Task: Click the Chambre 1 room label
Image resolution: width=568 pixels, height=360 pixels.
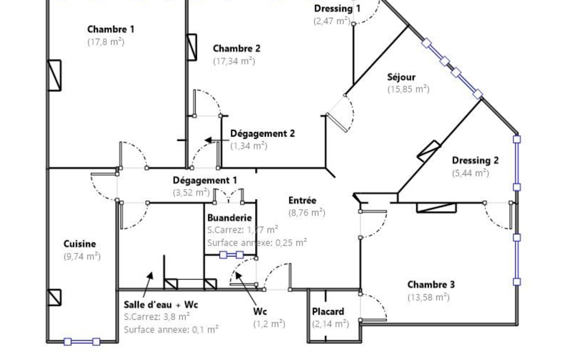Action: pyautogui.click(x=111, y=29)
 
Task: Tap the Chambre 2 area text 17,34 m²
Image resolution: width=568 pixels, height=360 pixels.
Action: pyautogui.click(x=234, y=61)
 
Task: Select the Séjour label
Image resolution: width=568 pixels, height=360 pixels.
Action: pyautogui.click(x=401, y=77)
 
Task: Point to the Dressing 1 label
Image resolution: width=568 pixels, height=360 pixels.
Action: pyautogui.click(x=337, y=8)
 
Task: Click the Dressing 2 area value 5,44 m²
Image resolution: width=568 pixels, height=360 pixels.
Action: pyautogui.click(x=470, y=173)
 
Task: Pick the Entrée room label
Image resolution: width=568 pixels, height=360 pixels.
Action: pyautogui.click(x=303, y=200)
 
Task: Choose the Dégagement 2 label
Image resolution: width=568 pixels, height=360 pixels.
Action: pyautogui.click(x=263, y=133)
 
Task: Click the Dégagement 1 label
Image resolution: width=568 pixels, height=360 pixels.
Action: pyautogui.click(x=205, y=180)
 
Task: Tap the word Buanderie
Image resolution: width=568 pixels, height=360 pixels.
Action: pyautogui.click(x=229, y=218)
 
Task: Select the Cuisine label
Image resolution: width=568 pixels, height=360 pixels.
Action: pyautogui.click(x=80, y=244)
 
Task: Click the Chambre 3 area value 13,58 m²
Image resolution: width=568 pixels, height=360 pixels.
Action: pyautogui.click(x=428, y=297)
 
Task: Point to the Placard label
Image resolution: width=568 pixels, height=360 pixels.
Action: pyautogui.click(x=328, y=311)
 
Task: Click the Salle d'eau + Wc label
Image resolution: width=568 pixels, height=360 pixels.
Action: pyautogui.click(x=161, y=304)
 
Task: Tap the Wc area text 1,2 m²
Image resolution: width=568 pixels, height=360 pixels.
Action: pyautogui.click(x=269, y=324)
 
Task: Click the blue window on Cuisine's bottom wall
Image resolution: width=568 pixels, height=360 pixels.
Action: pyautogui.click(x=82, y=342)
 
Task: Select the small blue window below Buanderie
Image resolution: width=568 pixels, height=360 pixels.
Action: pyautogui.click(x=232, y=255)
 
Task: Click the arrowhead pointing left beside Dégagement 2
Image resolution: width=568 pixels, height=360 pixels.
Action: pyautogui.click(x=208, y=140)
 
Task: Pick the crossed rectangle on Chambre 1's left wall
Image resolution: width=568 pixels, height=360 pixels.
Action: pyautogui.click(x=55, y=75)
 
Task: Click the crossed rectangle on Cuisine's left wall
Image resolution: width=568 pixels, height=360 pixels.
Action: pyautogui.click(x=55, y=297)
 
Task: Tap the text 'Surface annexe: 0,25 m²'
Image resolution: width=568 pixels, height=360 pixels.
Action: pyautogui.click(x=257, y=243)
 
